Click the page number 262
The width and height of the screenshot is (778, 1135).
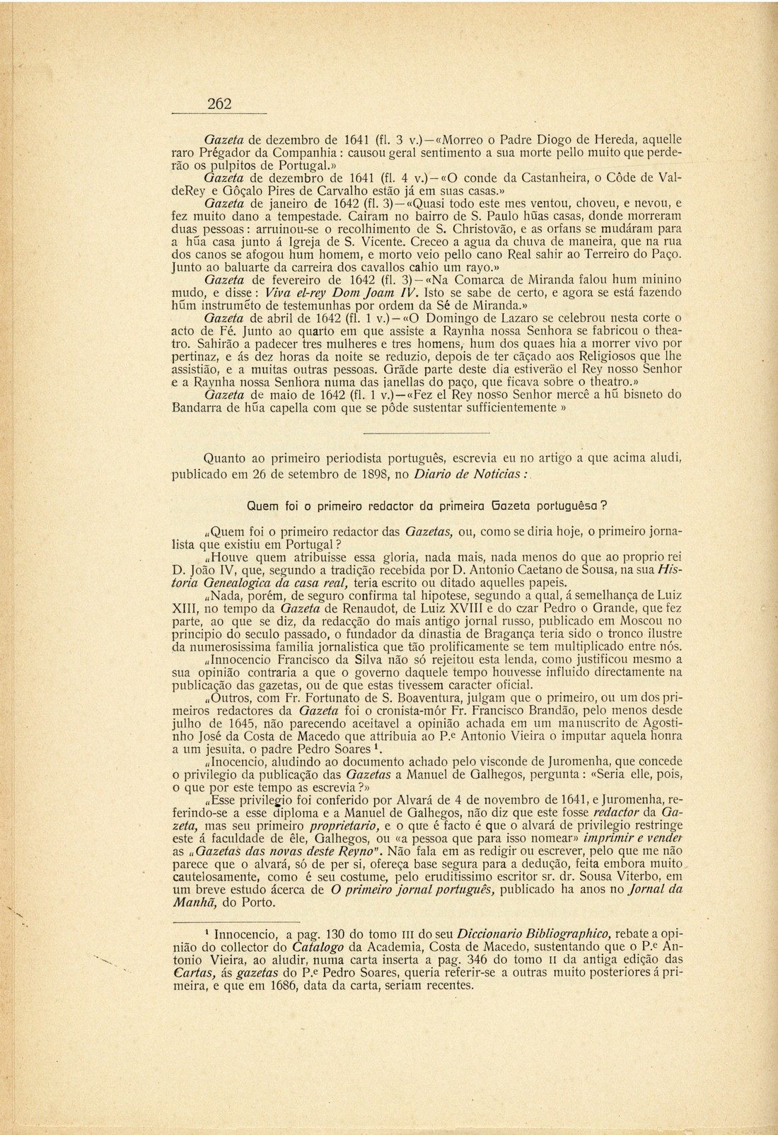coord(219,103)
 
